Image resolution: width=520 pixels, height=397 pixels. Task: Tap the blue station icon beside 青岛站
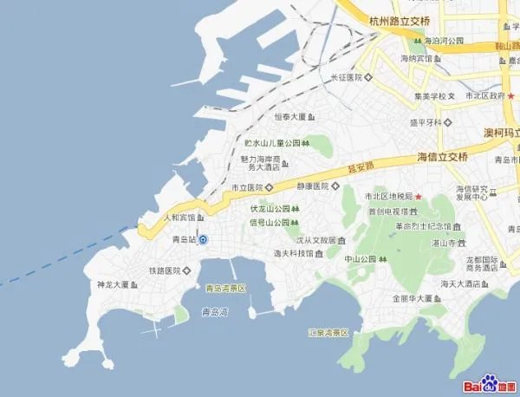[203, 240]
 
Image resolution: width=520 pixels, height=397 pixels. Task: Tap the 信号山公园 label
[269, 223]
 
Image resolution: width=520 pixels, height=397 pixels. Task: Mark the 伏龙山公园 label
[269, 209]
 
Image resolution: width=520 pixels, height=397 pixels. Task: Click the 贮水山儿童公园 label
[271, 142]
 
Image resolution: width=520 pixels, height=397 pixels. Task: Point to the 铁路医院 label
[163, 270]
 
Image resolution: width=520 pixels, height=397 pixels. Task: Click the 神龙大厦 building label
[113, 284]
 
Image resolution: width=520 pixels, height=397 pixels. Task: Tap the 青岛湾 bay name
[214, 310]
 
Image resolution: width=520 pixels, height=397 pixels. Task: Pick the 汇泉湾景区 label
[328, 332]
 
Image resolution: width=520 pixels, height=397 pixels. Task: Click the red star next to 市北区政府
[511, 95]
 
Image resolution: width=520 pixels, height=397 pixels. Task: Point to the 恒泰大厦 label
[289, 116]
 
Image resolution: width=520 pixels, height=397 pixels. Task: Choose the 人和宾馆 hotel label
[180, 217]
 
